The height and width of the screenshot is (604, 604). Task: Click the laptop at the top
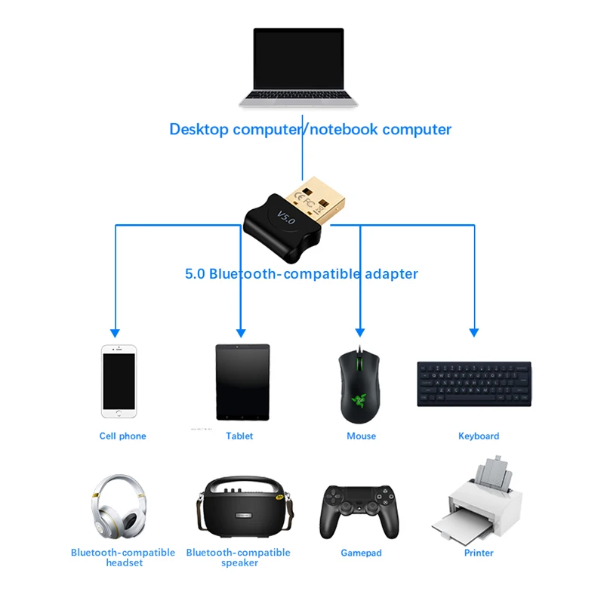point(298,68)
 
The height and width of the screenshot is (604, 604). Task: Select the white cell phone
point(119,381)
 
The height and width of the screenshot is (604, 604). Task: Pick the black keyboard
point(473,384)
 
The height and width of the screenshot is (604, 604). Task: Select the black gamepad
point(360,510)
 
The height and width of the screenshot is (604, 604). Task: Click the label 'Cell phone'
point(122,436)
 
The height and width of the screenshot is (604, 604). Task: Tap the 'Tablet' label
point(239,436)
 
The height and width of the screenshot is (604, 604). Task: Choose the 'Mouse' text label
point(361,436)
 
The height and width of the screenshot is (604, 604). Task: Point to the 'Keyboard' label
point(479,436)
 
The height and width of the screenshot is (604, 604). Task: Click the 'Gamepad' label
point(361,553)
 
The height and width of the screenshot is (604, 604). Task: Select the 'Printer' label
point(479,553)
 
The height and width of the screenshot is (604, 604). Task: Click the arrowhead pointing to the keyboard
point(474,331)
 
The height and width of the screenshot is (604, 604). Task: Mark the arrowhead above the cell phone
point(115,331)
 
